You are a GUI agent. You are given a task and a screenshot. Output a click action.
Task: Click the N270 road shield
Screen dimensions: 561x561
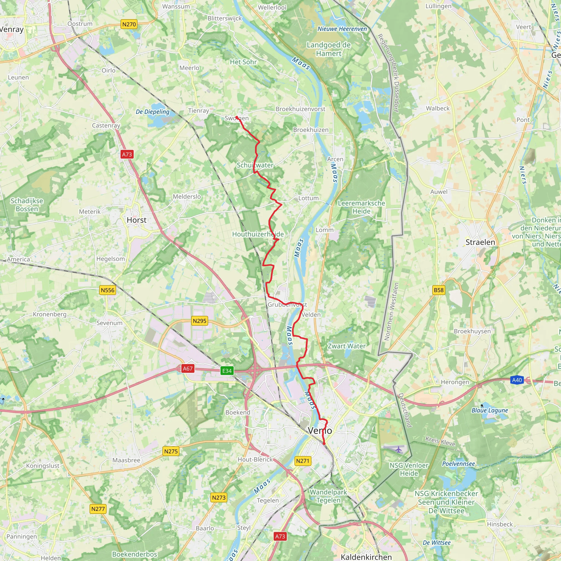(x=129, y=24)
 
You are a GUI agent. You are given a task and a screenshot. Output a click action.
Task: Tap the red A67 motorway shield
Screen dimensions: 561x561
(x=187, y=368)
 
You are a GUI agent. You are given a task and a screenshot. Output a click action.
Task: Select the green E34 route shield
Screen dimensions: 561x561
(x=227, y=371)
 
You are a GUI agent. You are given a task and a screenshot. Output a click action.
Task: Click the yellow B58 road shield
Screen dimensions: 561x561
(x=439, y=290)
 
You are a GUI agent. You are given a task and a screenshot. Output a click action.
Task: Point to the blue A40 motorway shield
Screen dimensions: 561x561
(x=517, y=380)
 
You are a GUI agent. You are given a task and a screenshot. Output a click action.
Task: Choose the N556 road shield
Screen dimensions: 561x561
(x=107, y=290)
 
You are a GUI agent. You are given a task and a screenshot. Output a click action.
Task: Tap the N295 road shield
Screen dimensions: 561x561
(x=199, y=321)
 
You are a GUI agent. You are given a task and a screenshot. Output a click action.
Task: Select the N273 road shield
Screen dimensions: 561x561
(x=219, y=497)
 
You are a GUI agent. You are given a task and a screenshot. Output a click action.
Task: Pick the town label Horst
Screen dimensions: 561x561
(x=136, y=220)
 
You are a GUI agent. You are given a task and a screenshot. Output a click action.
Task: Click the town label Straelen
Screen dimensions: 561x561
(x=480, y=242)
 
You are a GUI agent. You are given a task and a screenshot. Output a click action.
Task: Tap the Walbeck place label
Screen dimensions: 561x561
(x=437, y=108)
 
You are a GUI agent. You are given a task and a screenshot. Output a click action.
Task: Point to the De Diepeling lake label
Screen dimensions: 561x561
(x=153, y=112)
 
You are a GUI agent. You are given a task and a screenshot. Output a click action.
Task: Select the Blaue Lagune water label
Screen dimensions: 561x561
(x=490, y=410)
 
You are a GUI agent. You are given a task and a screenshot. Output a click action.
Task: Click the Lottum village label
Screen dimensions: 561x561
(x=308, y=198)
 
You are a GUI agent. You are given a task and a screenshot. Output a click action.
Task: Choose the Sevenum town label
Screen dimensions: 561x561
(x=110, y=323)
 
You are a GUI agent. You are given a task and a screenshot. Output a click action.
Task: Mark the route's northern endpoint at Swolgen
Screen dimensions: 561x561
(x=237, y=117)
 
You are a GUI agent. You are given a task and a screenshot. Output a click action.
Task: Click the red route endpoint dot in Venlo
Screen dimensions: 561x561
(x=324, y=443)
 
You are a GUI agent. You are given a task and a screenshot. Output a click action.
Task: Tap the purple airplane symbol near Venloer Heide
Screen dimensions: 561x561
(x=399, y=449)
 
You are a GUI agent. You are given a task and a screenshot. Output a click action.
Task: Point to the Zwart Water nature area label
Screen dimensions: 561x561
(x=347, y=346)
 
